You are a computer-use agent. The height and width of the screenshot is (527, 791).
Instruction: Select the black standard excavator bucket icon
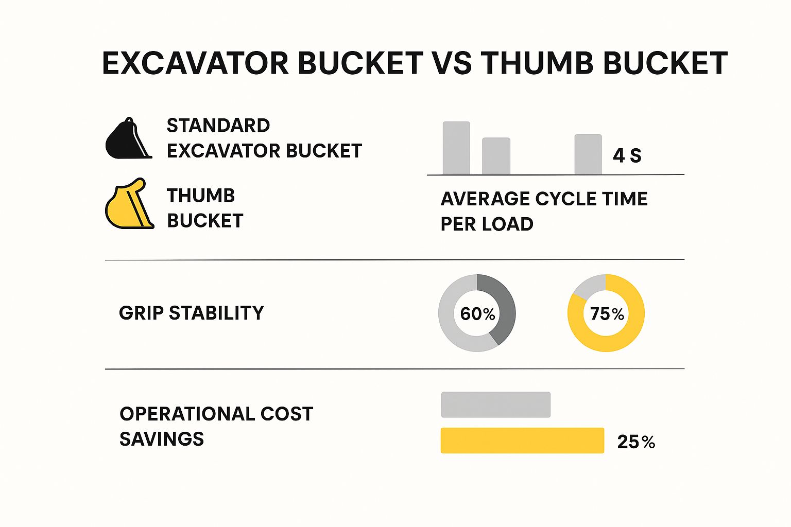126,140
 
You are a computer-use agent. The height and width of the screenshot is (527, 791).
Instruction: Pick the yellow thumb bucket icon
128,206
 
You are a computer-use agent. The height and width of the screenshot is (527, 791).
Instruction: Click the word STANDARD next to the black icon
218,126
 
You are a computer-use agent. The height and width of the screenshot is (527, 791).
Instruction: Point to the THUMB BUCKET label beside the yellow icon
204,208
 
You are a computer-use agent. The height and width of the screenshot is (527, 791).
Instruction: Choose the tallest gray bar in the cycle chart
456,148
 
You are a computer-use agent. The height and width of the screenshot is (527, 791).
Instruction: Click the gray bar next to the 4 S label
588,154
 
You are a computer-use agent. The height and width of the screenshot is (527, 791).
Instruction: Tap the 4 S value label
627,155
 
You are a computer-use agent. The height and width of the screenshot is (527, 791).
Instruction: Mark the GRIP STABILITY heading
191,313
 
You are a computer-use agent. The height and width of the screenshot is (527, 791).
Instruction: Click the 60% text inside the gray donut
477,313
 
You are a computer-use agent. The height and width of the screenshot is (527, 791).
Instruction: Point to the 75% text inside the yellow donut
607,313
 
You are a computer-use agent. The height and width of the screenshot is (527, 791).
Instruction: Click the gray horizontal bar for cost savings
495,405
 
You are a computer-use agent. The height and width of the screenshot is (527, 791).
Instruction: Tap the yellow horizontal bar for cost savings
522,441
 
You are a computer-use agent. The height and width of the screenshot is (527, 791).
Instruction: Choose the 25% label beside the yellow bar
636,442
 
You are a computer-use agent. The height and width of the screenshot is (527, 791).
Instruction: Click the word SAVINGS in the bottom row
162,439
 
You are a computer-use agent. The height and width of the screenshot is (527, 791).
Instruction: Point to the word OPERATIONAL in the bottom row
187,414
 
